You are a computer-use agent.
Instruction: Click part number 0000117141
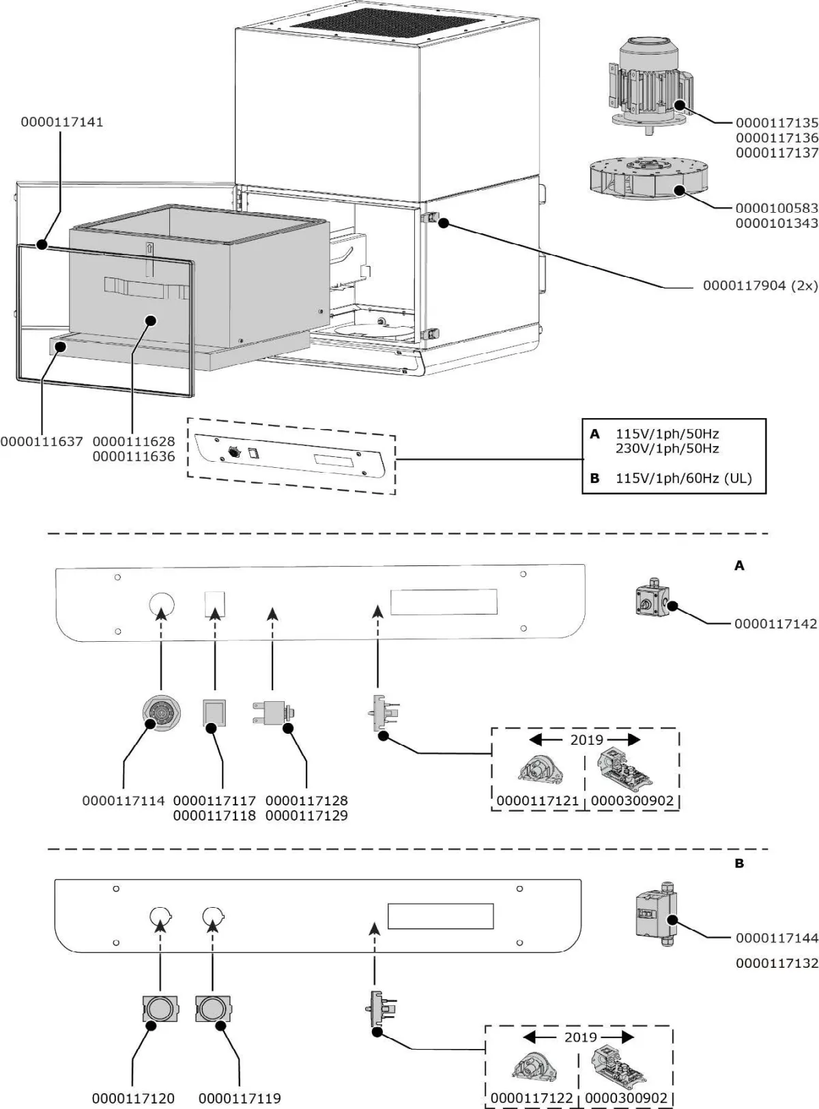point(61,122)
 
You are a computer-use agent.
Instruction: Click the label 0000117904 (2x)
point(760,286)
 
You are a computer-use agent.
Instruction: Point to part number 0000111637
point(42,441)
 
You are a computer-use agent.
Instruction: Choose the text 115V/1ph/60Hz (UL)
point(683,478)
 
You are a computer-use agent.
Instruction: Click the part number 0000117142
point(775,623)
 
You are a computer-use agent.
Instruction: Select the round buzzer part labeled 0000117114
point(161,714)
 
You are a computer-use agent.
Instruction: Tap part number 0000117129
point(306,816)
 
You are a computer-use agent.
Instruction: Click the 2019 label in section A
point(586,740)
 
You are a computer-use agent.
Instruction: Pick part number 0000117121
point(538,801)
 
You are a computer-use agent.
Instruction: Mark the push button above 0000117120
point(160,1008)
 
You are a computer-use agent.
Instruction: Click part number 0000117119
point(240,1098)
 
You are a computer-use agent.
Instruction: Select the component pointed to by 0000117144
point(655,914)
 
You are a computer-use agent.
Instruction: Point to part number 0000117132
point(777,963)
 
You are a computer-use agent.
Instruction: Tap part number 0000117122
point(532,1098)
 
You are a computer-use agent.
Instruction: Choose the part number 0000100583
point(777,208)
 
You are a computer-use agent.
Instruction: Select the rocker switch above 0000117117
point(215,713)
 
